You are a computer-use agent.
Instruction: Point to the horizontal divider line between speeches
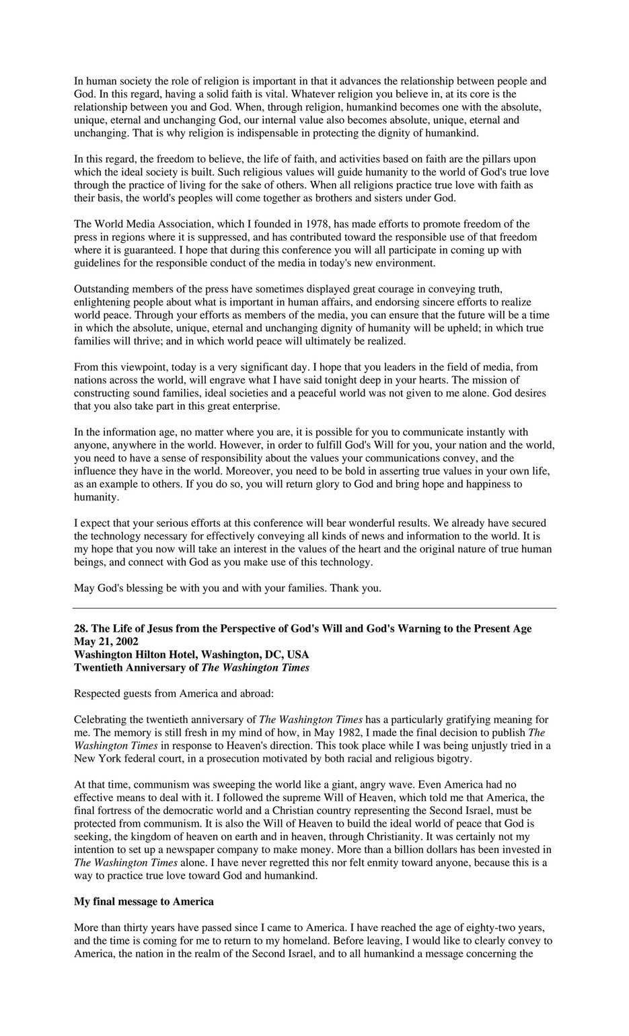(x=315, y=608)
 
